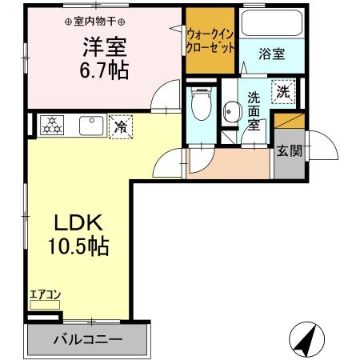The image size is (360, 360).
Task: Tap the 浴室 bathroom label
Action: [x=272, y=54]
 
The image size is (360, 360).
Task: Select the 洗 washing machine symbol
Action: [x=282, y=92]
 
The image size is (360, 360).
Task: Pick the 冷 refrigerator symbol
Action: [x=121, y=126]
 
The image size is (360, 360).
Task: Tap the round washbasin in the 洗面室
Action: [x=233, y=111]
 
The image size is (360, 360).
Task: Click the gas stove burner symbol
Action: [x=50, y=124]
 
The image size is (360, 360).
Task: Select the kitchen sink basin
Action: [x=89, y=125]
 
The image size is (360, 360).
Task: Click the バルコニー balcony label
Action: [x=88, y=339]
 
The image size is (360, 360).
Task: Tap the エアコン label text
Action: [x=45, y=294]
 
